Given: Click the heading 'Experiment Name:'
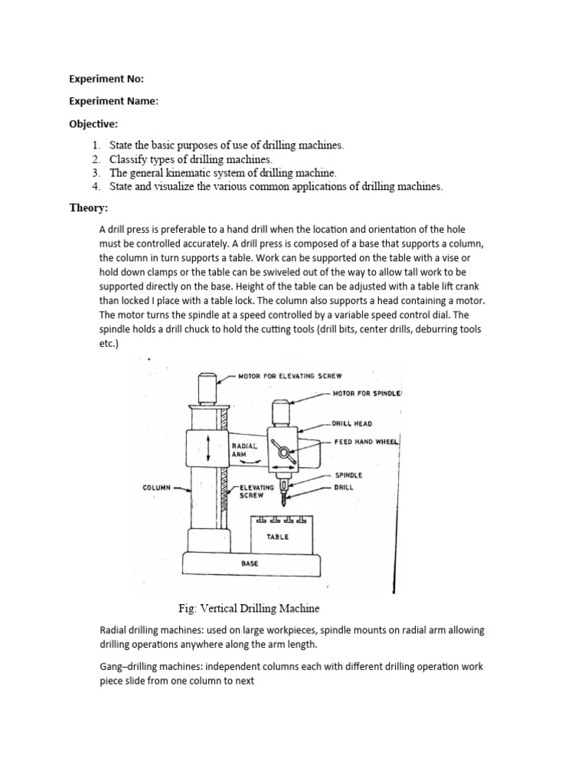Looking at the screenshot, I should coord(114,102).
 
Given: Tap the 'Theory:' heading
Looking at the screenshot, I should coord(89,207).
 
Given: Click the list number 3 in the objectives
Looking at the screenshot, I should coord(96,173).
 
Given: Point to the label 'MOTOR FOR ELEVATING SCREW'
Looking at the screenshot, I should coord(290,376).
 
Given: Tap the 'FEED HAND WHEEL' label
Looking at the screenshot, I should coord(367,442).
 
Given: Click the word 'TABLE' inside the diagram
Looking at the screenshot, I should coord(277,537).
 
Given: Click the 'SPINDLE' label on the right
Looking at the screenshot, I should coord(349,475).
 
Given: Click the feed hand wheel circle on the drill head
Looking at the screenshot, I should coord(284,453).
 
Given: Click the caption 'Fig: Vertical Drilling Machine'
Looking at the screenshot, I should coord(249,608).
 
